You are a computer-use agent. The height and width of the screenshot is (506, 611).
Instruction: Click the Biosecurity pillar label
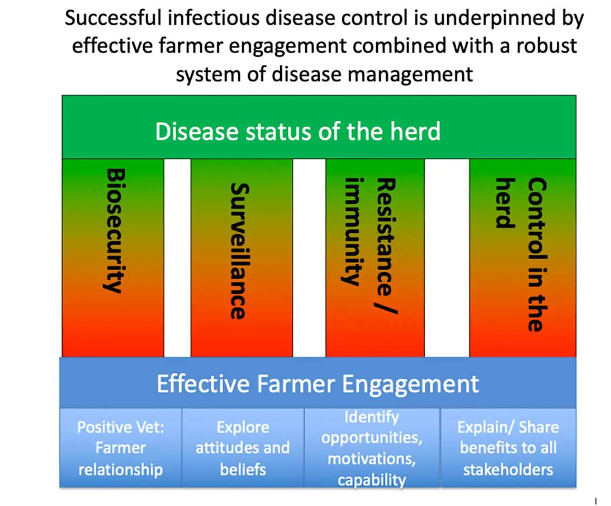tap(113, 230)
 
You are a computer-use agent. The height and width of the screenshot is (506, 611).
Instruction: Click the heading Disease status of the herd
tap(297, 132)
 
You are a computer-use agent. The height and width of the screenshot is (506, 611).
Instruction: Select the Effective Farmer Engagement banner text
tap(318, 384)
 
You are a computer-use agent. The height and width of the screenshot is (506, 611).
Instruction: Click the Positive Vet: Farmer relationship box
tap(120, 448)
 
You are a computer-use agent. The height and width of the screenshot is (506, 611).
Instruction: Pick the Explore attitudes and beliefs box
tap(243, 448)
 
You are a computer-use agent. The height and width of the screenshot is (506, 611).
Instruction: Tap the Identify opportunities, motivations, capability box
tap(372, 448)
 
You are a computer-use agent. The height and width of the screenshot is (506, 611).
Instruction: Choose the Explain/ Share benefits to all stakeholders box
tap(508, 448)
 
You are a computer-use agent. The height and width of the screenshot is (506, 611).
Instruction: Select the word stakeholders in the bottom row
tap(508, 469)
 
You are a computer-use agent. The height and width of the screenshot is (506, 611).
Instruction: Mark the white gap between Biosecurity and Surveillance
tap(177, 257)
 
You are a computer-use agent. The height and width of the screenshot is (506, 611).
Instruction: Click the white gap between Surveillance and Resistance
tap(309, 257)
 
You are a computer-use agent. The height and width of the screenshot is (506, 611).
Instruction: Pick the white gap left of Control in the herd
tap(447, 257)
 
